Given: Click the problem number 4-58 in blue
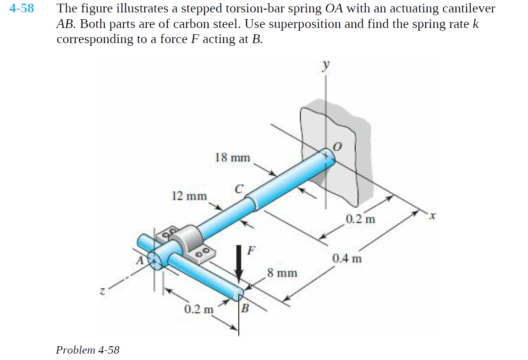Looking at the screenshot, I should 22,9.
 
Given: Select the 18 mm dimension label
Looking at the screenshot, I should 232,158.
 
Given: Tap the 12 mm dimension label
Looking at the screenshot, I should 189,196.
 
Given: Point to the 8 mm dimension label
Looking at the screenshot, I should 282,274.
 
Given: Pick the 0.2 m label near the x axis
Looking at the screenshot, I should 360,219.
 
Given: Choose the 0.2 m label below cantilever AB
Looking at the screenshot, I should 199,309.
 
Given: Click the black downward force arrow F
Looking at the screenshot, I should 239,263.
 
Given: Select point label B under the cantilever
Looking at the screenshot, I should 245,308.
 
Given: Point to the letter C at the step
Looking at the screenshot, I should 238,188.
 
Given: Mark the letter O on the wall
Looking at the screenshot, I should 337,147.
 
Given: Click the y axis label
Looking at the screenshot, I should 325,65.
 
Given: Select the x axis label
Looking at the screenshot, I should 431,215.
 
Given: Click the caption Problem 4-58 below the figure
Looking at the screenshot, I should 88,350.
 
